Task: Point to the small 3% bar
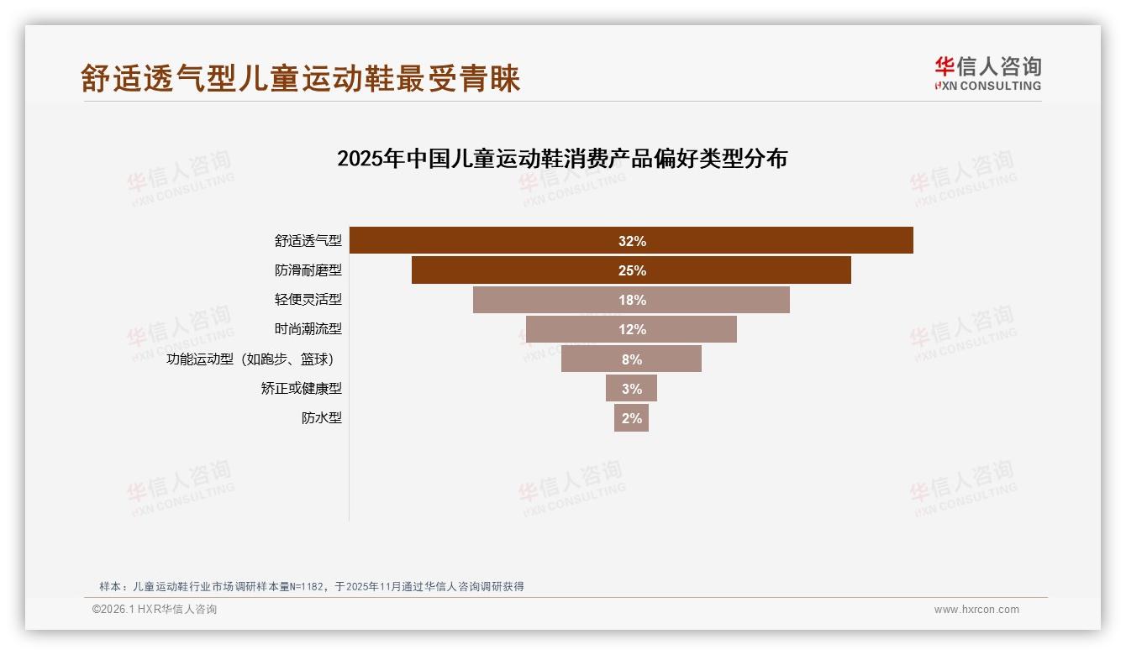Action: pos(631,389)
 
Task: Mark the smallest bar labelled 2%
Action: pos(631,418)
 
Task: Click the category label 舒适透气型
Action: pos(308,241)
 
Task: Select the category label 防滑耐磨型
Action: pos(308,270)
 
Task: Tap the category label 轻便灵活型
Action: pos(308,300)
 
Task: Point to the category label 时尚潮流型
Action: pos(308,329)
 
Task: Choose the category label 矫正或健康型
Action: pos(301,389)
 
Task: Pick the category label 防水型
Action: pos(322,418)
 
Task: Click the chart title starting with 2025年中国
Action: pos(561,159)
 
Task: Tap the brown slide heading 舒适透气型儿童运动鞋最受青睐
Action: pos(300,78)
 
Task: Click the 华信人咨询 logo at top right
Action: pos(987,73)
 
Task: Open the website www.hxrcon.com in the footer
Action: pos(976,610)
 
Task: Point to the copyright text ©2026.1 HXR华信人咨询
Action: pos(155,610)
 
